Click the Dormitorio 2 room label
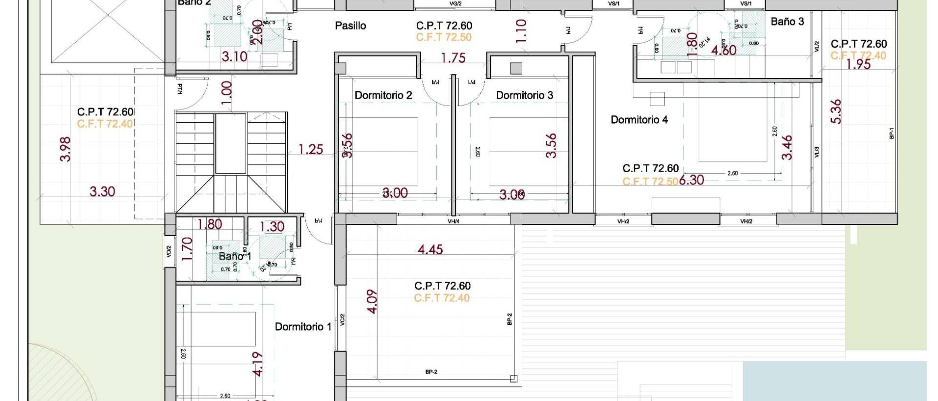click(x=383, y=95)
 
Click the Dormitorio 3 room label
click(x=524, y=95)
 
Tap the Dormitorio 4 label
click(x=639, y=120)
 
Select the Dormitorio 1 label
click(x=303, y=327)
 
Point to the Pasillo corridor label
click(x=350, y=26)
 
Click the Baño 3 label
click(x=787, y=22)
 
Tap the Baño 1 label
click(x=234, y=256)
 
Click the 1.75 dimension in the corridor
click(x=453, y=58)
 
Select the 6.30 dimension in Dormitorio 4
click(x=691, y=180)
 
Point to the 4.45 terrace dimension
click(x=430, y=250)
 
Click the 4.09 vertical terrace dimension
click(x=372, y=302)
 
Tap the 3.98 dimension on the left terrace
click(x=65, y=149)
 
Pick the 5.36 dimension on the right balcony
click(x=836, y=111)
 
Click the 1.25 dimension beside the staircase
click(x=311, y=149)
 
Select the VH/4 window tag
click(x=453, y=222)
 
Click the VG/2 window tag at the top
click(x=455, y=3)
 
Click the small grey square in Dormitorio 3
click(x=515, y=68)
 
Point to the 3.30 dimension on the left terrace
click(x=102, y=192)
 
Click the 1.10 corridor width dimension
click(x=521, y=31)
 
